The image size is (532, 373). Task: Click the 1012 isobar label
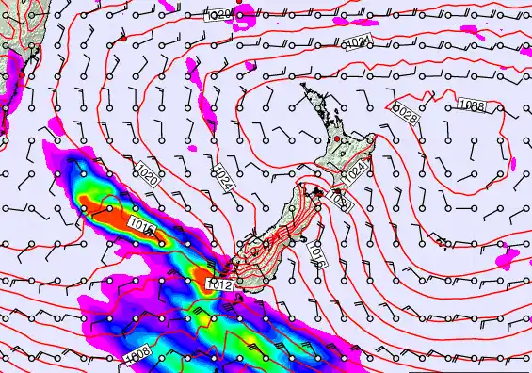[x=220, y=284]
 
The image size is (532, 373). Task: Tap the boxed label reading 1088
[x=473, y=106]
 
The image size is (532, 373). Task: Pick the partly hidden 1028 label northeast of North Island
[x=405, y=113]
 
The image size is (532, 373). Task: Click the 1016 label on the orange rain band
[x=143, y=226]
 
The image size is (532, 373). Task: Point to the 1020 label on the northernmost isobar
[x=220, y=15]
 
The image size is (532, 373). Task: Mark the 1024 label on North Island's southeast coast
[x=355, y=170]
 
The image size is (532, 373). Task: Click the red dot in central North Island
[x=336, y=139]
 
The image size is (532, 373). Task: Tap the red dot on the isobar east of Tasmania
[x=122, y=40]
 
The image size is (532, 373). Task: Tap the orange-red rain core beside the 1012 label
[x=202, y=278]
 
